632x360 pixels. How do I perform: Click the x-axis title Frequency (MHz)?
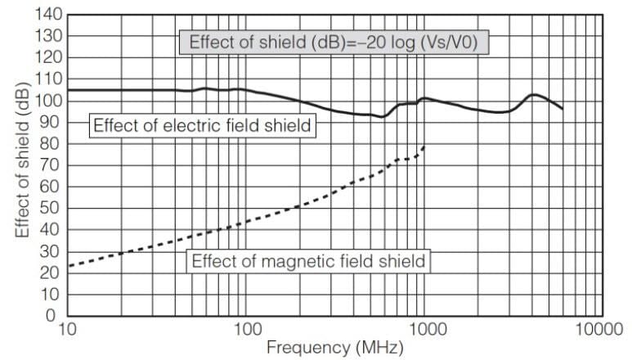pos(334,349)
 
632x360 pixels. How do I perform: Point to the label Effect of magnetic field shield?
pos(308,262)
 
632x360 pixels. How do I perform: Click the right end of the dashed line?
pos(425,146)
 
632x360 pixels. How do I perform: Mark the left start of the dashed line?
pos(69,266)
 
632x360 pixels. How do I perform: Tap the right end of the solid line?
pos(562,109)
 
